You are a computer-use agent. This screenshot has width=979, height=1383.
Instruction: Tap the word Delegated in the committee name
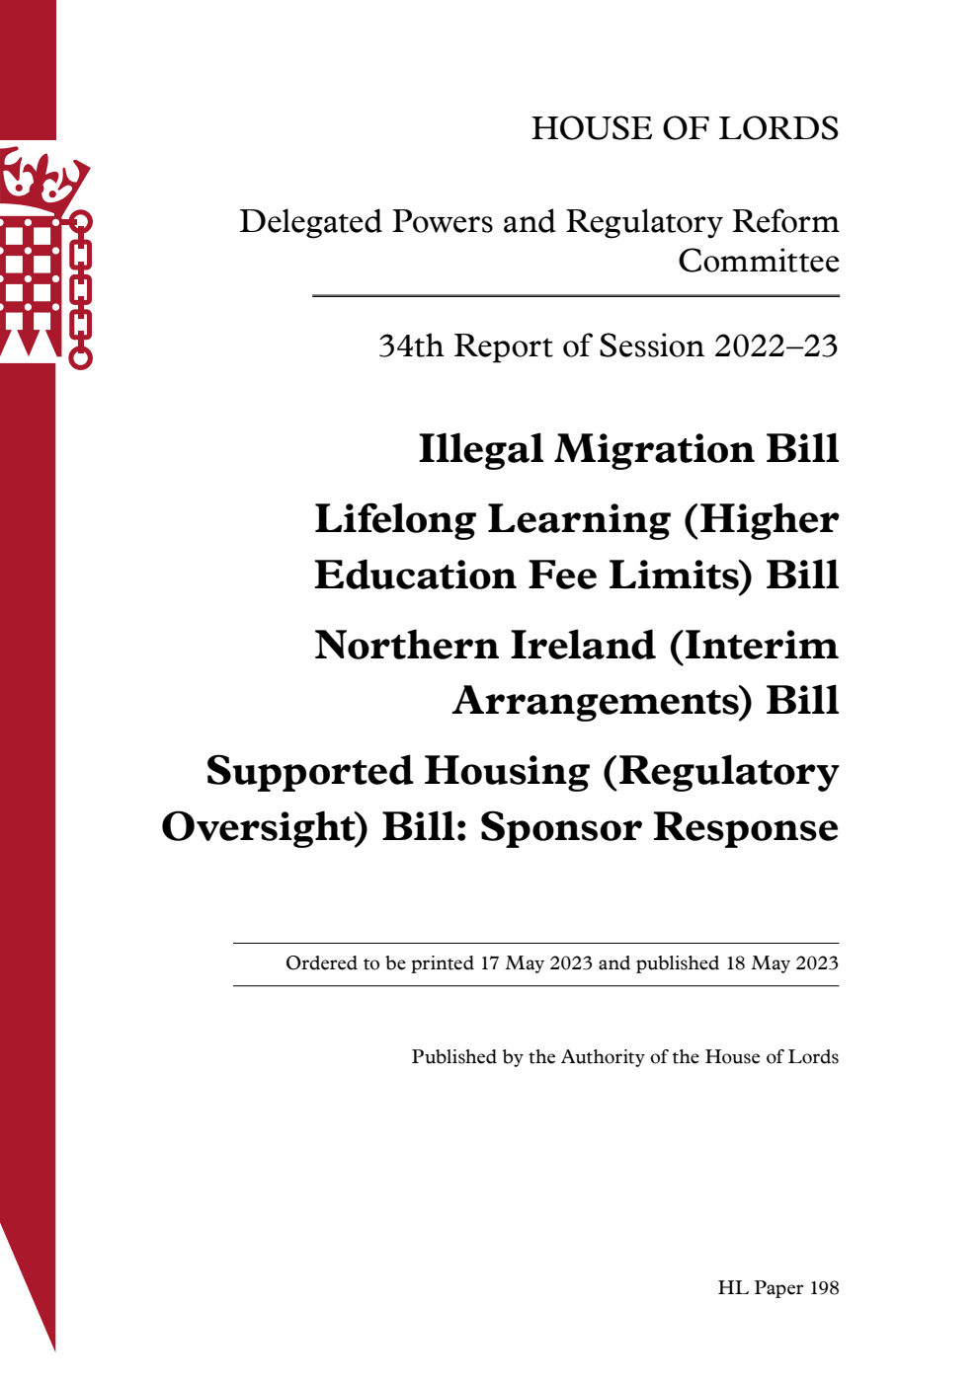coord(310,222)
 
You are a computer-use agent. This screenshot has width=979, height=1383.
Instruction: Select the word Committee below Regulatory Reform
coord(758,262)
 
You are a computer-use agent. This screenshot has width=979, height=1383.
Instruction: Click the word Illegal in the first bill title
coord(480,449)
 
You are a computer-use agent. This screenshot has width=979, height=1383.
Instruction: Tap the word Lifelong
coord(395,520)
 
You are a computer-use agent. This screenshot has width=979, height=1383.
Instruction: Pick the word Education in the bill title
coord(415,576)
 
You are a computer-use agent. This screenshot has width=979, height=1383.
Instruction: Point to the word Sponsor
coord(559,827)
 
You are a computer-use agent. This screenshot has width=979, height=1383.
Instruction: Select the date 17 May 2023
coord(536,963)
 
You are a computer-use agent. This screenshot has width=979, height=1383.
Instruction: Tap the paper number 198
coord(823,1288)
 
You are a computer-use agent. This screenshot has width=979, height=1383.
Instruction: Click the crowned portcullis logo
coord(44,257)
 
